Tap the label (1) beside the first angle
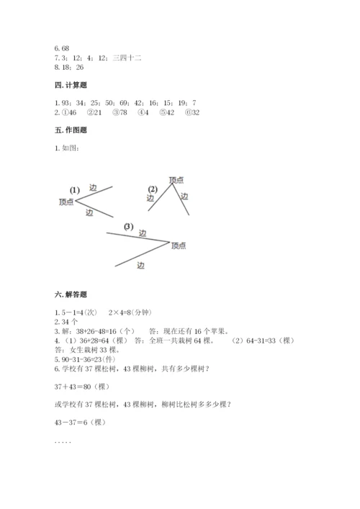tap(74, 190)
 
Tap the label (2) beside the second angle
tap(152, 189)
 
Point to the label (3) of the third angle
tap(128, 226)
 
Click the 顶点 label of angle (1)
tap(66, 202)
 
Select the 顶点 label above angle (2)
tap(176, 179)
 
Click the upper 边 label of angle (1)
tap(93, 188)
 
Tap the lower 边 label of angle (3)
tap(140, 265)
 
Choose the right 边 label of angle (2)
tap(184, 196)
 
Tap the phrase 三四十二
tap(127, 57)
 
